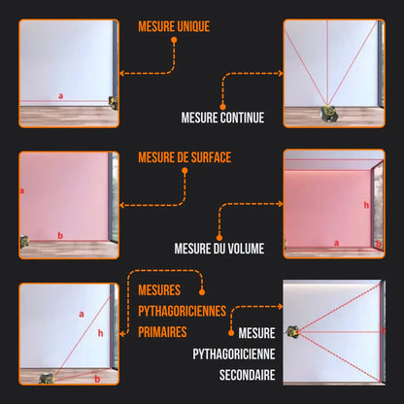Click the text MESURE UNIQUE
pos(174,27)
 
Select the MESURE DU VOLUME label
pos(219,248)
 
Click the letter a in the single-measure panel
pos(60,95)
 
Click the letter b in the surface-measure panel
pos(60,235)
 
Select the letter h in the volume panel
pos(366,205)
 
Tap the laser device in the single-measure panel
pos(113,102)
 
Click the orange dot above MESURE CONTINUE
pos(222,105)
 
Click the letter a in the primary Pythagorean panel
pos(81,314)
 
